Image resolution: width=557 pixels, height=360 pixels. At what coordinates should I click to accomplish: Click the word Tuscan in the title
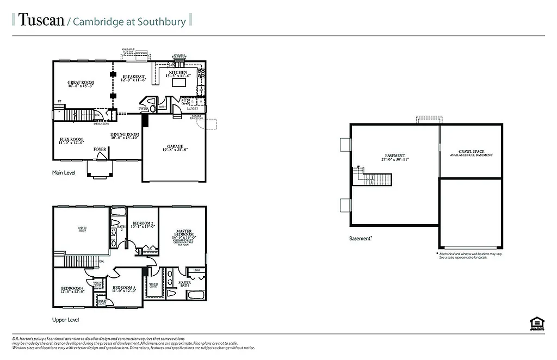[40, 21]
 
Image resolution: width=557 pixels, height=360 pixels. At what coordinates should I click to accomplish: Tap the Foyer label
[100, 148]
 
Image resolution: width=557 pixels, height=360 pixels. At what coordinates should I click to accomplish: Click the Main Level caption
[64, 173]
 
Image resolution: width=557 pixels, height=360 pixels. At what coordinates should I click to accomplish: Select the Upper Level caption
[65, 320]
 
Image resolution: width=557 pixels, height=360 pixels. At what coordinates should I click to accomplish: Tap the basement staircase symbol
[377, 178]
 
